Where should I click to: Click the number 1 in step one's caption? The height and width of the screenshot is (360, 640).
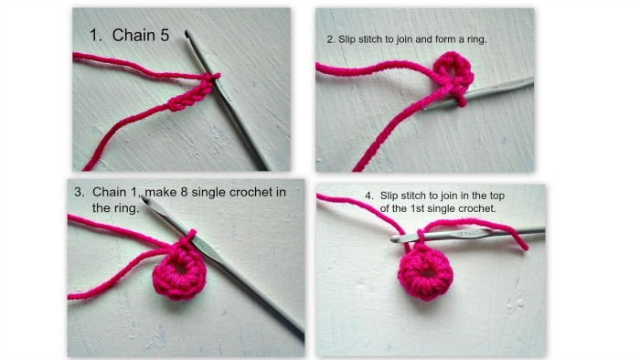95,36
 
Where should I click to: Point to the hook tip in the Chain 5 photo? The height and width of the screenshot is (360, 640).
188,34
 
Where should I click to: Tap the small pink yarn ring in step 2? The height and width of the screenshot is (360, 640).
449,71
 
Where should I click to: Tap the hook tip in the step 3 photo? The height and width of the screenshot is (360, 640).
149,208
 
